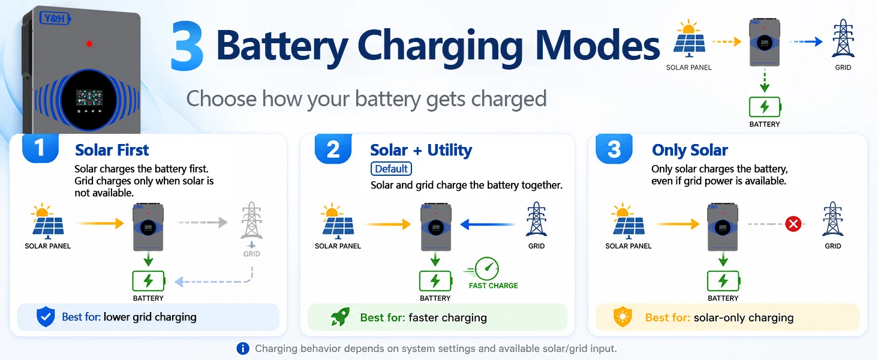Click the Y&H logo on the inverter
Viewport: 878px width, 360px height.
(55, 19)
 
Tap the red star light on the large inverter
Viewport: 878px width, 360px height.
(89, 44)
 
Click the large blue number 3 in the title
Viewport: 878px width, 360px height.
(187, 46)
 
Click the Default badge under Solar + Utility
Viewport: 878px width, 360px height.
(391, 169)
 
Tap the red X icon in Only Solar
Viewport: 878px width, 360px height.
(793, 224)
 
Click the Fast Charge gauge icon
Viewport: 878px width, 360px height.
(485, 269)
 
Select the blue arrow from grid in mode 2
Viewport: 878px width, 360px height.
(487, 224)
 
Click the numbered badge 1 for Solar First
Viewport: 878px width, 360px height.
(40, 148)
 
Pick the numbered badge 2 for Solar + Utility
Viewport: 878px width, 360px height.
(333, 148)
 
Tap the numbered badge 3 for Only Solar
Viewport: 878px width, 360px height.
(614, 148)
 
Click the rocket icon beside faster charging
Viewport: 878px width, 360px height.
(339, 317)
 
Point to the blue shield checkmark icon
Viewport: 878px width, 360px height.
(46, 317)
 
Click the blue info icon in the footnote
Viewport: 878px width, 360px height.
(243, 348)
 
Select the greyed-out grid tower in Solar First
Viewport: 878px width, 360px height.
(251, 220)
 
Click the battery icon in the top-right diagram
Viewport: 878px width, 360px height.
(765, 107)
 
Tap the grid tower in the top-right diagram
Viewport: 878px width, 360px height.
(843, 39)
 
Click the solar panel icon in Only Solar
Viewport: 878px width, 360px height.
(629, 221)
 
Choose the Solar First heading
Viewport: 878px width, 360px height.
(112, 150)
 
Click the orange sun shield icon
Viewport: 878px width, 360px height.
(623, 317)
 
